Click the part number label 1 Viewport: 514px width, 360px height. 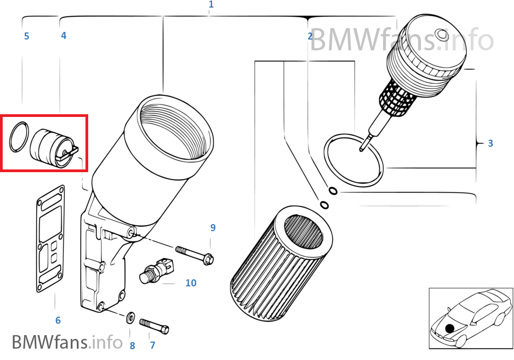[211, 4]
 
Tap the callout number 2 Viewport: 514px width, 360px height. [310, 36]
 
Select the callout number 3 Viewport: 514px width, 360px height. [490, 143]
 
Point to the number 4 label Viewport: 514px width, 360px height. [64, 36]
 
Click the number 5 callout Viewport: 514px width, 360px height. [27, 36]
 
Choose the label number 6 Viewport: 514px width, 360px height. [58, 320]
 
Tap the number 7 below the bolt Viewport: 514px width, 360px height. [153, 345]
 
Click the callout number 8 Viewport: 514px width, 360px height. [132, 345]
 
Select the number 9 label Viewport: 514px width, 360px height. [213, 228]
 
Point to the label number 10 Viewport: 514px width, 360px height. [190, 283]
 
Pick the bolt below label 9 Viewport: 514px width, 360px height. [195, 254]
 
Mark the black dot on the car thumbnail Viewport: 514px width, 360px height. [450, 328]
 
